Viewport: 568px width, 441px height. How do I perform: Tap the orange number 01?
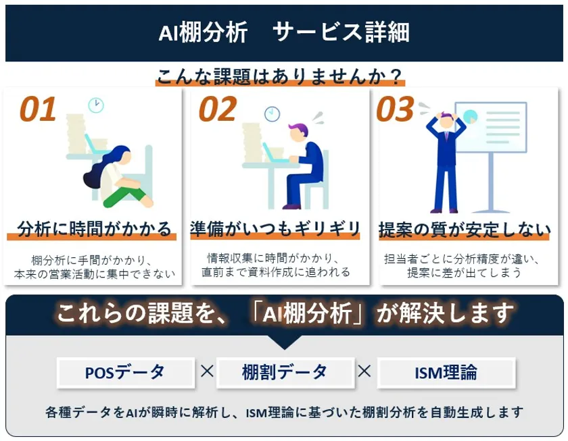(x=37, y=110)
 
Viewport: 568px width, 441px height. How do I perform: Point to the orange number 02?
(x=218, y=110)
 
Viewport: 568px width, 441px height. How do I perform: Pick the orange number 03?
(x=395, y=110)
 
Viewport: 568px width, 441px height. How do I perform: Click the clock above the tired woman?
(x=96, y=105)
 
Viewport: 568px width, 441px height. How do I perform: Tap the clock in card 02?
(x=273, y=113)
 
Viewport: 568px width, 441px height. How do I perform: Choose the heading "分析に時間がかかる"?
(x=94, y=228)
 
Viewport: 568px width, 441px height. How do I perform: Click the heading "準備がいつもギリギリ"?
(x=275, y=228)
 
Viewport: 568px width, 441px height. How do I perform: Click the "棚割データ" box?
(x=285, y=372)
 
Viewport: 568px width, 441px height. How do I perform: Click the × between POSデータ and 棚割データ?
(x=207, y=371)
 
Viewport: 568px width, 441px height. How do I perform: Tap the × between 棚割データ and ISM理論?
(x=364, y=371)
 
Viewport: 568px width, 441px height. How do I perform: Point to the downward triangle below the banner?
(x=284, y=342)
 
